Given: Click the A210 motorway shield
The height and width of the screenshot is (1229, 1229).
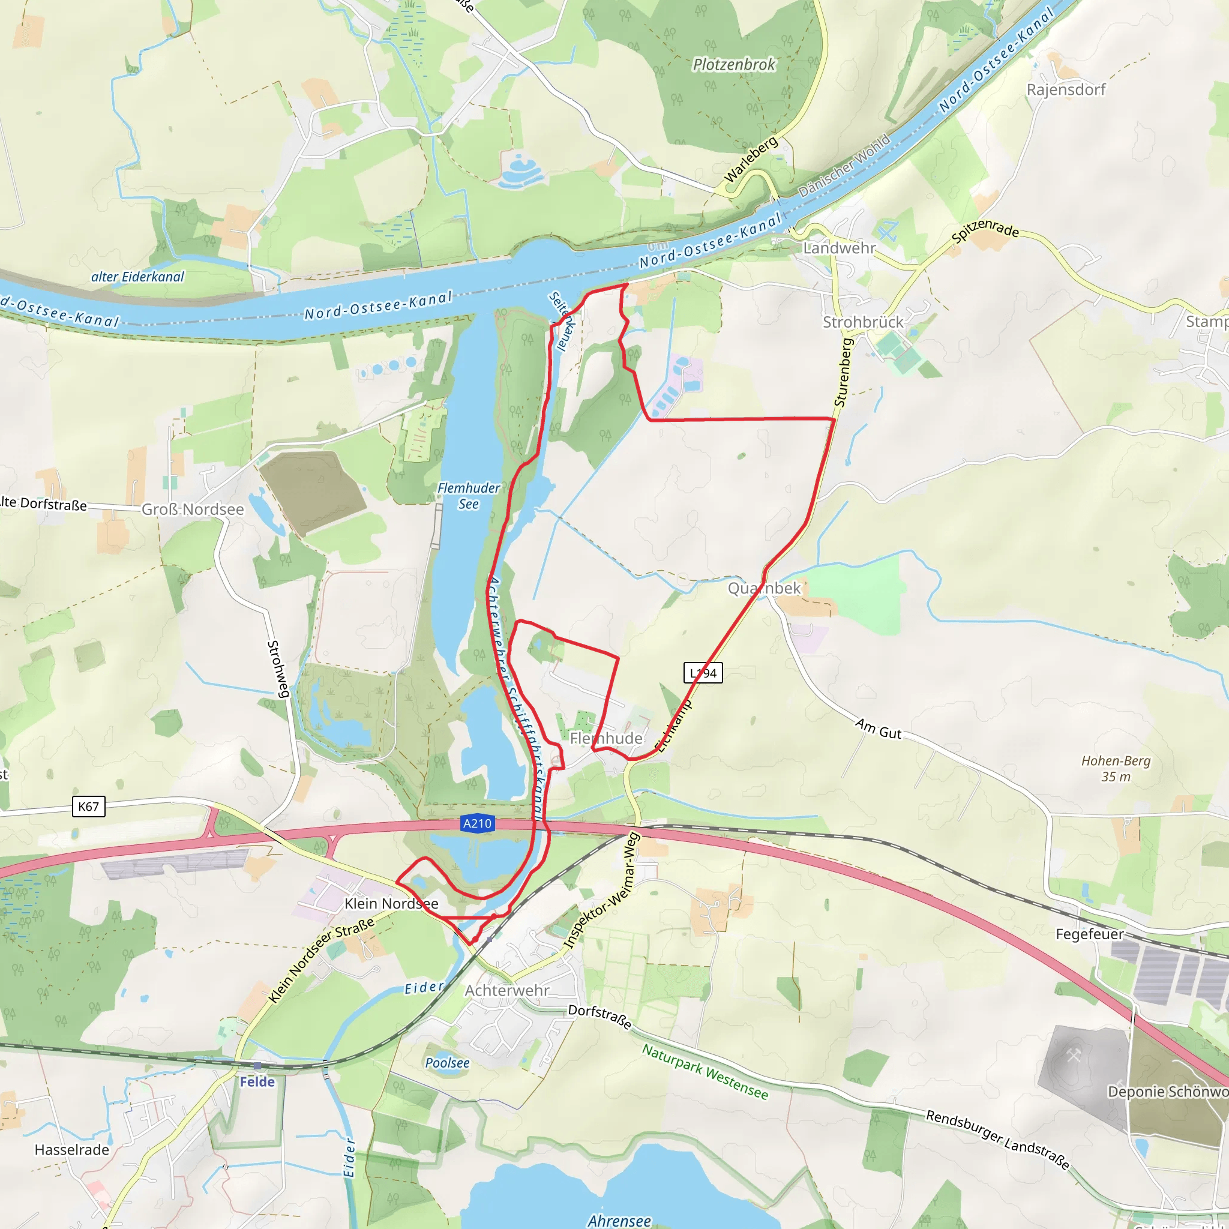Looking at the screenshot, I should click(477, 824).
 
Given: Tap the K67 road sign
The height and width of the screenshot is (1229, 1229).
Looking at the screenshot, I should click(88, 807).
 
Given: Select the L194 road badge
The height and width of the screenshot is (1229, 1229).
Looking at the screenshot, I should click(703, 673).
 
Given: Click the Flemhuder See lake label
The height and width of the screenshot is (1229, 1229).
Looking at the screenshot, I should click(469, 496).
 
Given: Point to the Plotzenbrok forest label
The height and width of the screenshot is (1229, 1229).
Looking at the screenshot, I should click(734, 64).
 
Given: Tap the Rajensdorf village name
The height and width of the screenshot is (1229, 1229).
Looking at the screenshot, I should click(1066, 89).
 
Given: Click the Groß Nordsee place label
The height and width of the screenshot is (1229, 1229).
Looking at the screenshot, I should click(193, 509).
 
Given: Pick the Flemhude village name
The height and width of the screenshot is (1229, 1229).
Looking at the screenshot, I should click(606, 738).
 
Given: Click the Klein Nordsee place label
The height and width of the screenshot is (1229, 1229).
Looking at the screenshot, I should click(391, 903).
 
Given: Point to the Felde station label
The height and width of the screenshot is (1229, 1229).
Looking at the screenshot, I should click(257, 1081).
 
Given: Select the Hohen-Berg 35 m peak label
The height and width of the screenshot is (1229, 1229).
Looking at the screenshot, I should click(1116, 769).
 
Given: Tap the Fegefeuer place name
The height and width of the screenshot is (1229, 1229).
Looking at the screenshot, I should click(1090, 934).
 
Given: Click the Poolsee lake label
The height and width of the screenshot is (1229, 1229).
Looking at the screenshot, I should click(447, 1063).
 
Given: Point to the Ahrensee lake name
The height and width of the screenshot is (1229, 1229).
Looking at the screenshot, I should click(619, 1220).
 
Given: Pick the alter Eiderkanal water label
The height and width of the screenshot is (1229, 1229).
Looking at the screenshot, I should click(137, 277).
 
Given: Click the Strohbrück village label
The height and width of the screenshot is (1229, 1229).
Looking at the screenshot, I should click(863, 322).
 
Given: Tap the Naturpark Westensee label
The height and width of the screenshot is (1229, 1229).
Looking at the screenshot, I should click(705, 1072).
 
